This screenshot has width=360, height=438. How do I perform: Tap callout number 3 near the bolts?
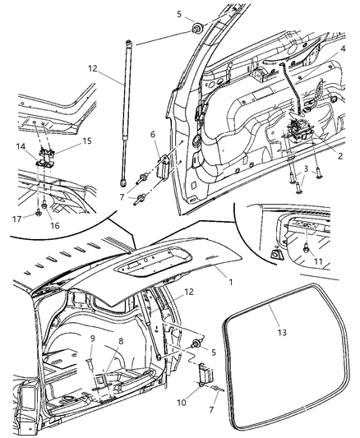point(305,168)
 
